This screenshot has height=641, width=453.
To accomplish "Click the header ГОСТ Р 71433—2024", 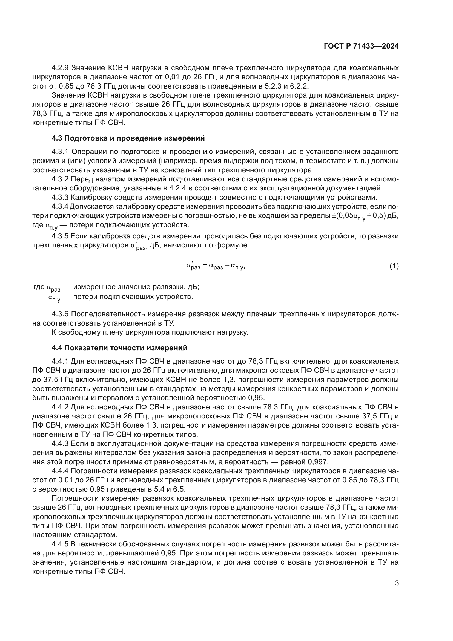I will (x=361, y=46).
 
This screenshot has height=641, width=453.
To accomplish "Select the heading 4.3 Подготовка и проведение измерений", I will (x=128, y=138).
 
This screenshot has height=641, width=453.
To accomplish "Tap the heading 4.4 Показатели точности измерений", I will (x=119, y=348).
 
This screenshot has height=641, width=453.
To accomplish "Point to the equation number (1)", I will (x=394, y=266).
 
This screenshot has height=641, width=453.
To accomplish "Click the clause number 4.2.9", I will (x=60, y=68).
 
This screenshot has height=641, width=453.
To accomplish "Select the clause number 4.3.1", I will (x=60, y=152).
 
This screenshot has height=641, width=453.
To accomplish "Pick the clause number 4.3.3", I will (x=60, y=197).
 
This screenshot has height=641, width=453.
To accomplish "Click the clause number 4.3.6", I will (x=60, y=314).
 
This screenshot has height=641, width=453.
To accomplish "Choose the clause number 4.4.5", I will (x=60, y=544).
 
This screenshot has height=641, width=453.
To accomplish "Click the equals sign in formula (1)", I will (x=204, y=266).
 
